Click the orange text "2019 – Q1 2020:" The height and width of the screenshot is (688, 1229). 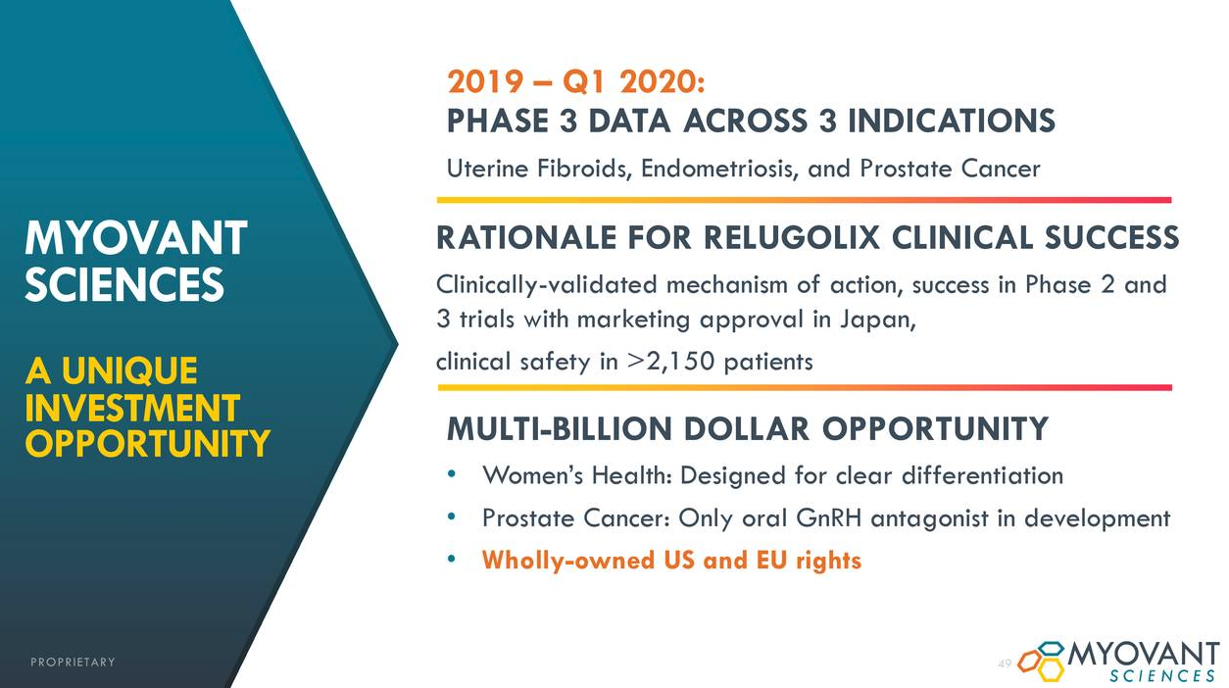coord(576,82)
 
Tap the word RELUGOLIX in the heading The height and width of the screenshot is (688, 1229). coord(792,238)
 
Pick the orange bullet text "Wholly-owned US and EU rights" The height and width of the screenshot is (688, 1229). coord(671,561)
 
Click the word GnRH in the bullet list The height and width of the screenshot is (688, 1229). coord(828,517)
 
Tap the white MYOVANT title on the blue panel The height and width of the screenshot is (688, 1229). coord(136,238)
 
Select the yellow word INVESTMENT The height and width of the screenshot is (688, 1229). coord(132,408)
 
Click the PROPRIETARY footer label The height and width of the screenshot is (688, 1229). coord(73,663)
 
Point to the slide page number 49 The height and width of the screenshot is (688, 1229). coord(1004,663)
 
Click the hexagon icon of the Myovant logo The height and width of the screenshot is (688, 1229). coord(1041,661)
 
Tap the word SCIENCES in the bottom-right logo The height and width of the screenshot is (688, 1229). coord(1162,675)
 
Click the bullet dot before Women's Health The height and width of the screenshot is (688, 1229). coord(452,474)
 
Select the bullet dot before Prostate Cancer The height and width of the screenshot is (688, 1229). coord(452,516)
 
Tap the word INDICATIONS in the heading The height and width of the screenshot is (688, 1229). coord(952,122)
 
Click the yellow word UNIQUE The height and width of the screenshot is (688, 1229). coord(129,370)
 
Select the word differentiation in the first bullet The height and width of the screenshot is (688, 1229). coord(982,475)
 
